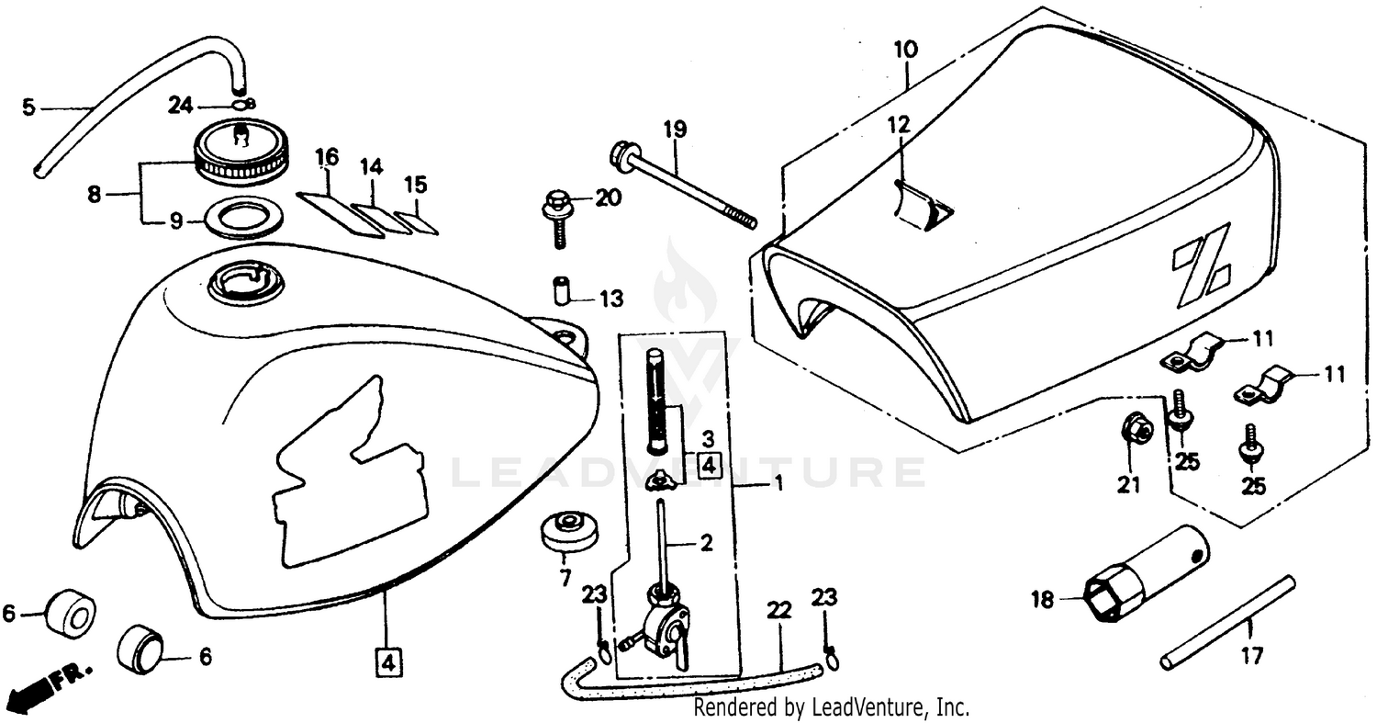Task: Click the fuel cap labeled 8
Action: click(x=242, y=151)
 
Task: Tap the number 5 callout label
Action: click(x=28, y=107)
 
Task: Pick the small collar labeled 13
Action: click(x=561, y=289)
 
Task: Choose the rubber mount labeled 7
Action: click(x=565, y=534)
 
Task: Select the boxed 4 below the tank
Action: click(x=387, y=661)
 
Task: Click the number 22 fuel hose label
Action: click(x=778, y=608)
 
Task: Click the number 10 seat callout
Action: click(x=904, y=49)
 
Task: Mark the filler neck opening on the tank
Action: click(x=246, y=281)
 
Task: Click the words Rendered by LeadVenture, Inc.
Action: click(x=831, y=707)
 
